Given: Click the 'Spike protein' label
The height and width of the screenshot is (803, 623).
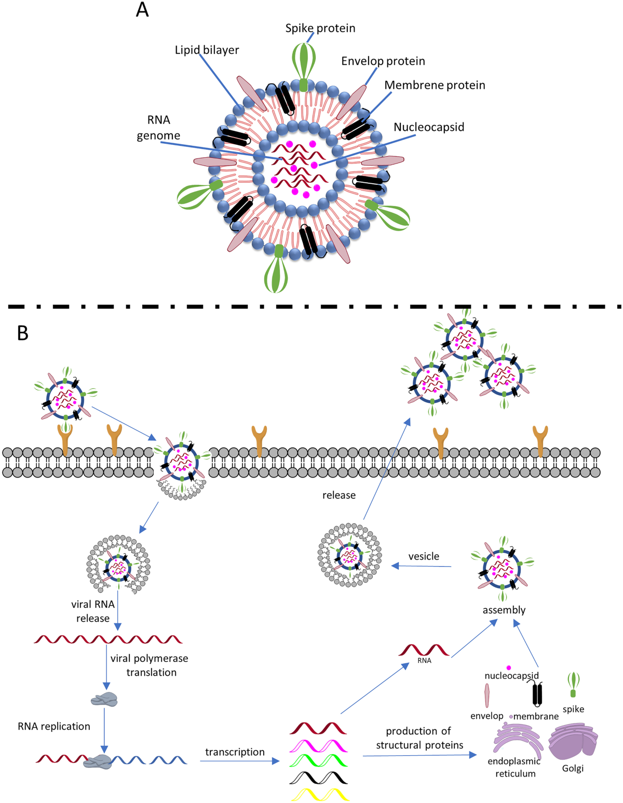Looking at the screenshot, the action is pos(320,29).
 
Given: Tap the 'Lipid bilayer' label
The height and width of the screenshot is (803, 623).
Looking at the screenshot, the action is pos(207,50).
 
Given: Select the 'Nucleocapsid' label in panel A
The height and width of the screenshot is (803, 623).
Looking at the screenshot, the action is pos(429,127).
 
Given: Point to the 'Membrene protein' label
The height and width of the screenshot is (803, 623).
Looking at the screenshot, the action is pos(435,85).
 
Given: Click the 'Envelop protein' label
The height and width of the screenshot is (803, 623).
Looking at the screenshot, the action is pos(383,61).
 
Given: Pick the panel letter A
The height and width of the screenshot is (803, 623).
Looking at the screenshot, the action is pos(142,10).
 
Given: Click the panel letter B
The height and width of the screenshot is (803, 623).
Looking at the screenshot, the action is pos(22,333).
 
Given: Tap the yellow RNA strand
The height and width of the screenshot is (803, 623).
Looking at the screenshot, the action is pos(320,794).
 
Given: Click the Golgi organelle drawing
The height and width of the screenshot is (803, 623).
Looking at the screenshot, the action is pos(572,741).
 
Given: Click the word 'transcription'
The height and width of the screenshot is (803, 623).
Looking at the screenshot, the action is pos(235,752).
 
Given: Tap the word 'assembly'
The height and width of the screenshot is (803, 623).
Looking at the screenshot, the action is pos(504,610).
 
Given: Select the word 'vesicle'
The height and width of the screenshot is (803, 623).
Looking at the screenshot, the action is pos(424,556).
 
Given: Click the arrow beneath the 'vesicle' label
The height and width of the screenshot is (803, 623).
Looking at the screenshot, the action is pos(421,566).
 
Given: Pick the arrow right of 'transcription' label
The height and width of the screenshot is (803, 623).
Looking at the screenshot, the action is pos(239,761).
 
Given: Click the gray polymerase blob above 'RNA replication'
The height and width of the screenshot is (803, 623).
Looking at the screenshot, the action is pos(104,700).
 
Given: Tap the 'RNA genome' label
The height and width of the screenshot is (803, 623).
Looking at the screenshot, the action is pos(158,128).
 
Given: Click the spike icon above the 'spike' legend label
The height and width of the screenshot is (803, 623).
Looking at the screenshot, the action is pos(573,684).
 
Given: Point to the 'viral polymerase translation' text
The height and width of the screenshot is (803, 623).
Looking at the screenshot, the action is pos(150,665).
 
